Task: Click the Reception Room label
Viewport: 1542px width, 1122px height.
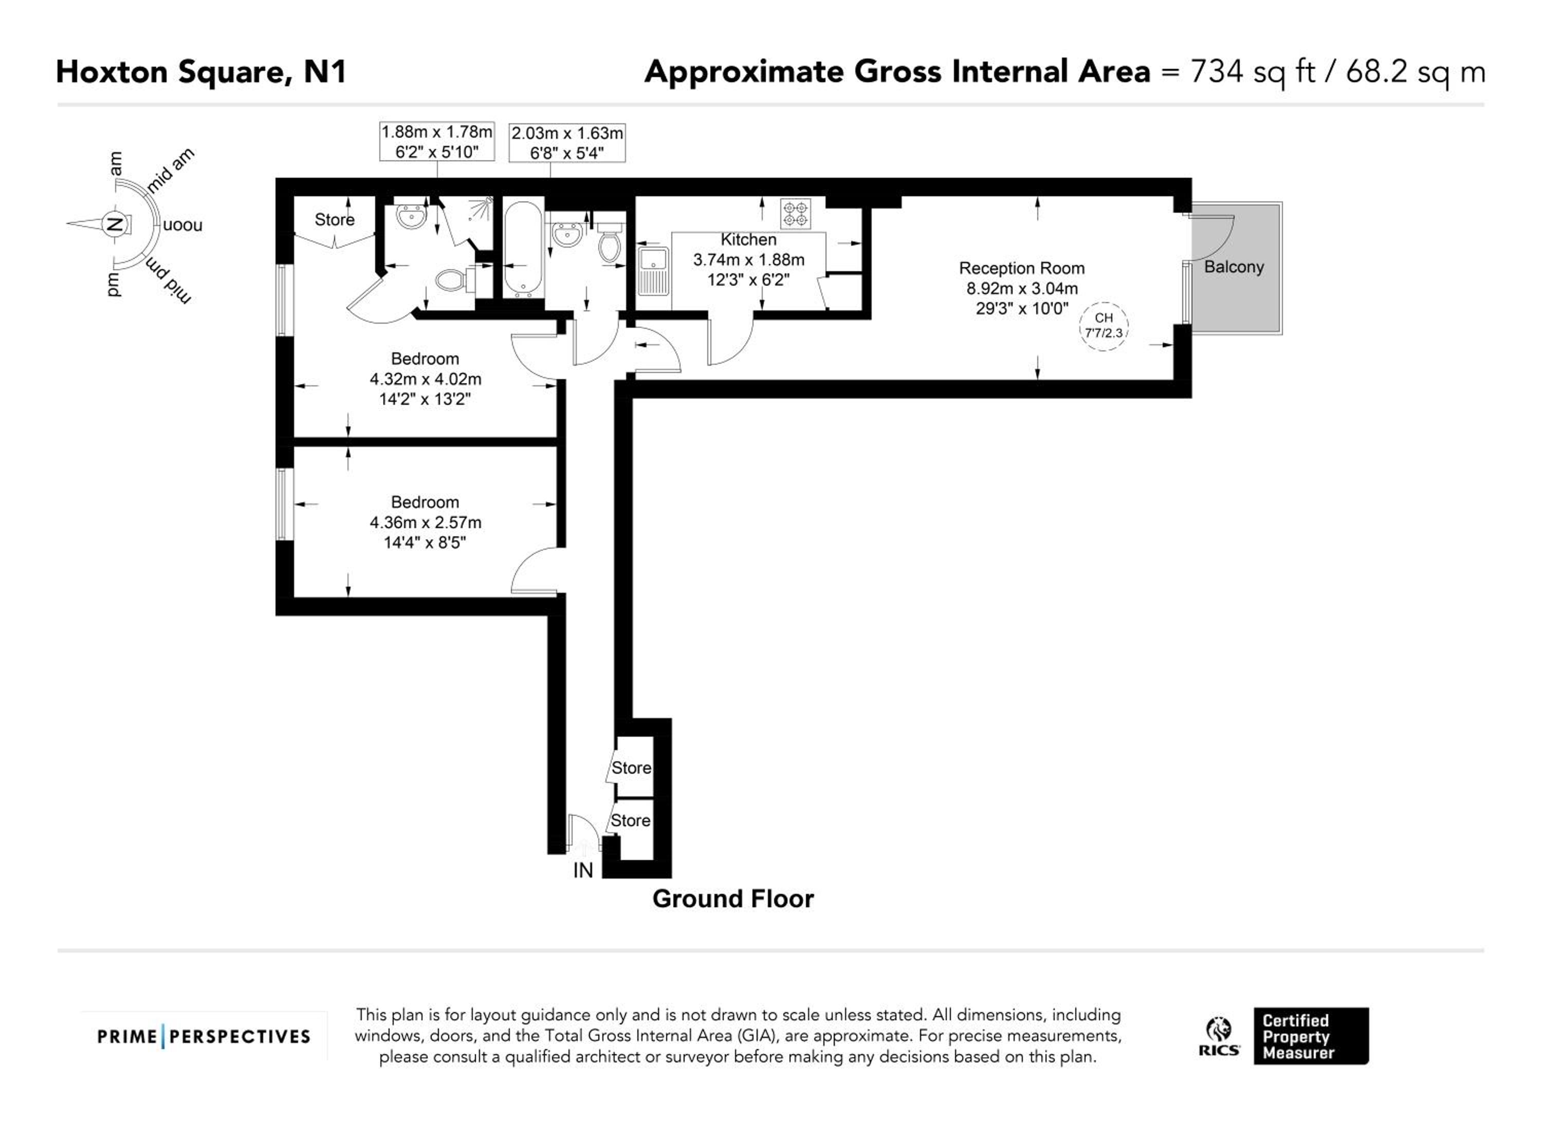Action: pyautogui.click(x=1022, y=269)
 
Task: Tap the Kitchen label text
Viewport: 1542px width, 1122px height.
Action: pyautogui.click(x=748, y=240)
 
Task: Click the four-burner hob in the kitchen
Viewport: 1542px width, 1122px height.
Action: pyautogui.click(x=796, y=213)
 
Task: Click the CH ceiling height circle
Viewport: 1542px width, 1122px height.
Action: pyautogui.click(x=1104, y=326)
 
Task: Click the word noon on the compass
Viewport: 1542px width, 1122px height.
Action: pyautogui.click(x=182, y=225)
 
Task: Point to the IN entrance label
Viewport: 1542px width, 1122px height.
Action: pyautogui.click(x=583, y=871)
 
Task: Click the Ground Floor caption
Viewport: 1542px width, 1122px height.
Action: pyautogui.click(x=733, y=899)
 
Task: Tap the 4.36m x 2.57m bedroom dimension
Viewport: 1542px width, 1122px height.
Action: pyautogui.click(x=426, y=522)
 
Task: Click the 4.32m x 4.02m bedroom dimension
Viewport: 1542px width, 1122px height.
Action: pyautogui.click(x=426, y=379)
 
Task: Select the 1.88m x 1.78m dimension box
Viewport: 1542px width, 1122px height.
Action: pyautogui.click(x=436, y=141)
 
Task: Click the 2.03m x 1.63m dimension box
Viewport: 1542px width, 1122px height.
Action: pyautogui.click(x=567, y=143)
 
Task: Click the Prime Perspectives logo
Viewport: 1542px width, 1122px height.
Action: pyautogui.click(x=204, y=1036)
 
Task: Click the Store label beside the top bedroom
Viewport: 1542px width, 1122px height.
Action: pyautogui.click(x=335, y=219)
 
